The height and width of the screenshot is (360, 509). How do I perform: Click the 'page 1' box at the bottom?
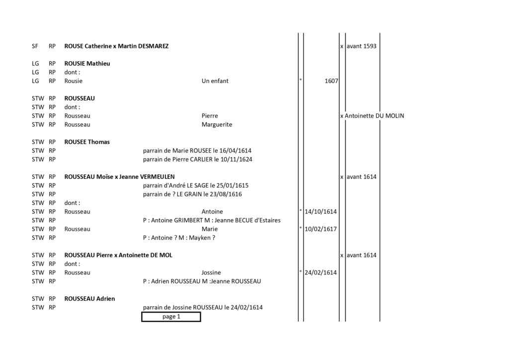pos(171,317)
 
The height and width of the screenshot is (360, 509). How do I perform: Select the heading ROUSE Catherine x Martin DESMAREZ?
pos(116,46)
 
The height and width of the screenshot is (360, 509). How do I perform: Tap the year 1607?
pos(331,81)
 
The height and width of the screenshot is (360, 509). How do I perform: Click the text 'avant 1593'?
pos(361,46)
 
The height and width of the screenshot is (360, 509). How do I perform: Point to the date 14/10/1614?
pos(321,212)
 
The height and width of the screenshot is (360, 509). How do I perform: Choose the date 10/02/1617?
pos(321,229)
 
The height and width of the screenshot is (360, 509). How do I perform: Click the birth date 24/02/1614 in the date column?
pos(321,272)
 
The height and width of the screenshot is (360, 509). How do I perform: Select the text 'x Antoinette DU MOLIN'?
pos(372,116)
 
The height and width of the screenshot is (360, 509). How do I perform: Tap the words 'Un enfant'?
pos(215,81)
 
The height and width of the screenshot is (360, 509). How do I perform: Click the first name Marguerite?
pos(217,125)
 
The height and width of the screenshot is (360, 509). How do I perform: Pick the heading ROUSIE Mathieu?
pos(87,64)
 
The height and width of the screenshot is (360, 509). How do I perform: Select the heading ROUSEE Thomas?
pos(87,142)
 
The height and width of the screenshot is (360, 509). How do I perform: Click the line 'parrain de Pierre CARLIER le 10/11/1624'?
pos(197,160)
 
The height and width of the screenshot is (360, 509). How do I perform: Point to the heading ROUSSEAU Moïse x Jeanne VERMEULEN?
pos(119,177)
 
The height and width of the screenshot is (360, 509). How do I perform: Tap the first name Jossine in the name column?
pos(211,272)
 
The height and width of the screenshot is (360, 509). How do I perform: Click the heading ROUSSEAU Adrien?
pos(89,299)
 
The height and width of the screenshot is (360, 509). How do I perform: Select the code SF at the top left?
pos(35,46)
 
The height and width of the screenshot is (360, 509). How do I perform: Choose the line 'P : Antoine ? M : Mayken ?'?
pos(179,238)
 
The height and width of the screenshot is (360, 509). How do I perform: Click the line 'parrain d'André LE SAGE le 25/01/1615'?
pos(195,185)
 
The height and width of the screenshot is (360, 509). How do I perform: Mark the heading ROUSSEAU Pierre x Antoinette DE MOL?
pos(118,255)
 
